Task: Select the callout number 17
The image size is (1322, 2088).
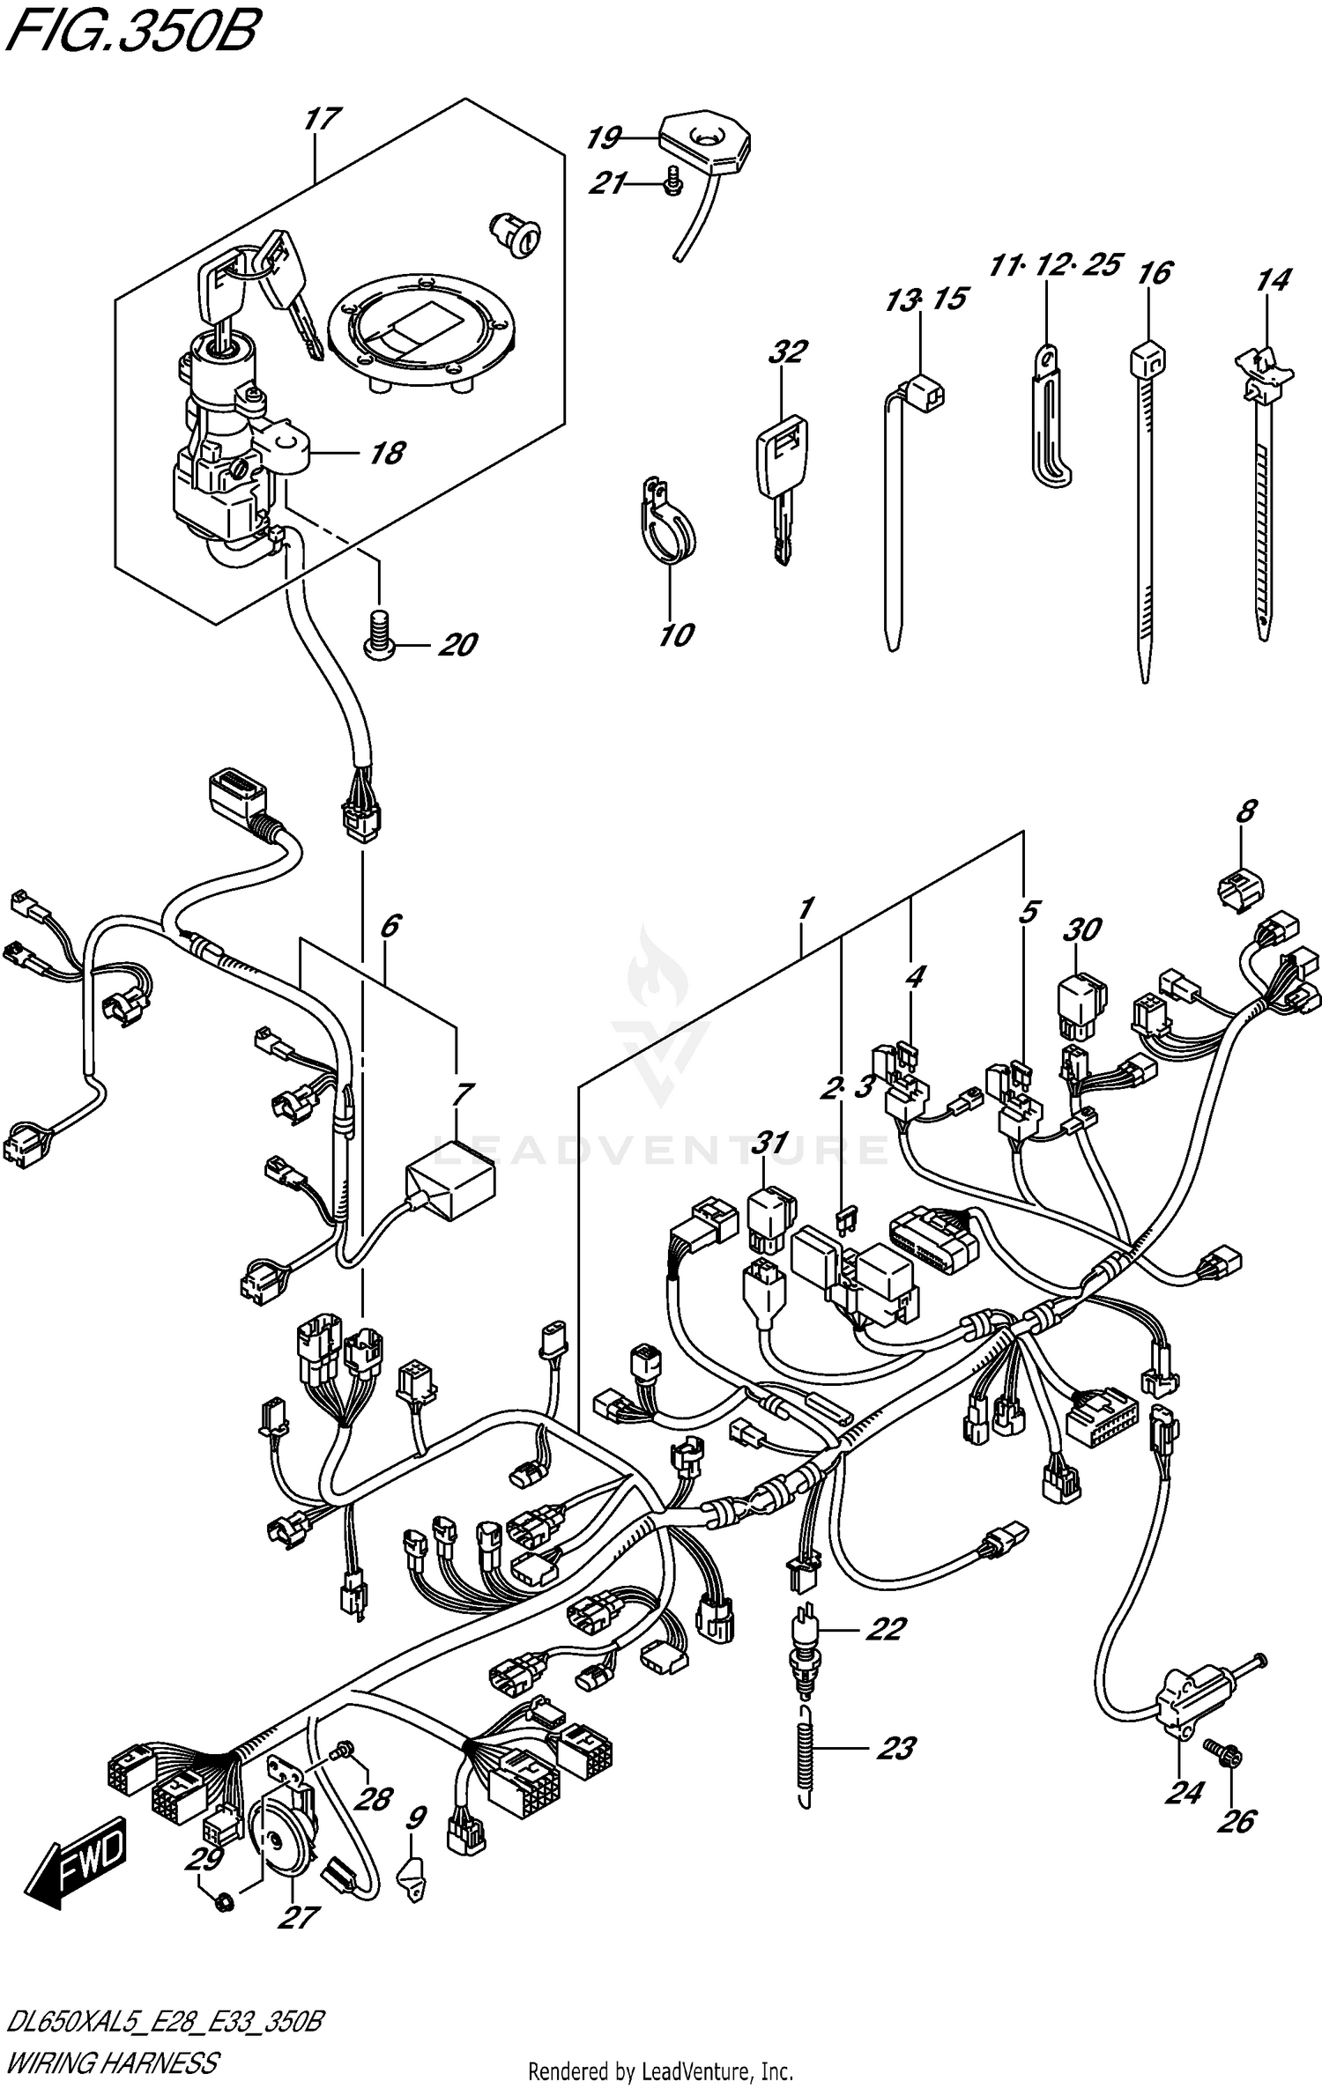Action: (322, 119)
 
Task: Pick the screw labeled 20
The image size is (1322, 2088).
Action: (378, 637)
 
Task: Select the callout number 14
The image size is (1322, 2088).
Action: (1273, 280)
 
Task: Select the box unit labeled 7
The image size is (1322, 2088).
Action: (449, 1178)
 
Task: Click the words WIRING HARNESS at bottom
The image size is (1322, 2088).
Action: (112, 2062)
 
